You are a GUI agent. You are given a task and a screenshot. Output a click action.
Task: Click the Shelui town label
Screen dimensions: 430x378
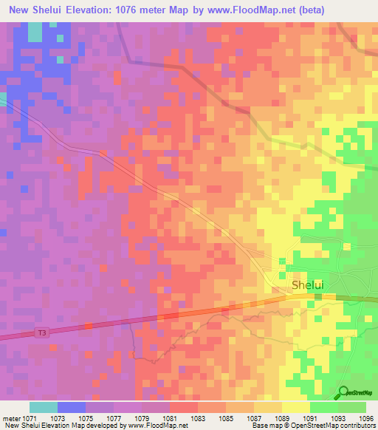point(308,284)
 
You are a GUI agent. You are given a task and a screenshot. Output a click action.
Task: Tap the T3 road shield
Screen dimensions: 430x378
point(43,333)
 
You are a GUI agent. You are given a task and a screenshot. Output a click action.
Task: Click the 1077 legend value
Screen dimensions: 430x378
point(114,418)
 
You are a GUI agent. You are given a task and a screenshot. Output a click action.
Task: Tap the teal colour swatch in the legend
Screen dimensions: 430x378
point(44,407)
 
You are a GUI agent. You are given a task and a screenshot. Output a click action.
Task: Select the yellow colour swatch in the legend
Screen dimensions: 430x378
point(295,407)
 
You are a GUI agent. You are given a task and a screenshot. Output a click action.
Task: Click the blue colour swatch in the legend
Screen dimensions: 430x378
point(72,407)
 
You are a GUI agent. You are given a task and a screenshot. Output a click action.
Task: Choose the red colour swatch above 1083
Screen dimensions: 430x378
point(184,407)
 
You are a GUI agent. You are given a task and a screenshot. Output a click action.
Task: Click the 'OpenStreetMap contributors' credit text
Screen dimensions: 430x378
point(339,426)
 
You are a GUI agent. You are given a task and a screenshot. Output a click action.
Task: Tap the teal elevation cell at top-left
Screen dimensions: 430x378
point(35,32)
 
